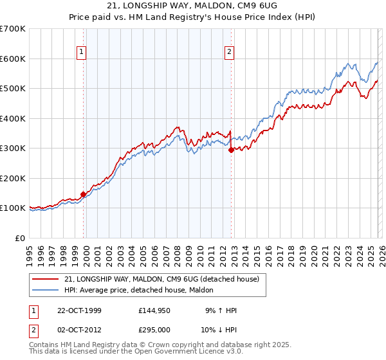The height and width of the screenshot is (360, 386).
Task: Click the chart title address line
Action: tap(193, 6)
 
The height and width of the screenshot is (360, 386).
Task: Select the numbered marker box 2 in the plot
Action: tap(230, 53)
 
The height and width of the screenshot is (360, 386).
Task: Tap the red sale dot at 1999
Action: tap(84, 194)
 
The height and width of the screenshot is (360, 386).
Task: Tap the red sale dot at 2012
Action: tap(231, 150)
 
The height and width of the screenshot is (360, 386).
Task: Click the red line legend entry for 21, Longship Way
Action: tap(161, 279)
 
